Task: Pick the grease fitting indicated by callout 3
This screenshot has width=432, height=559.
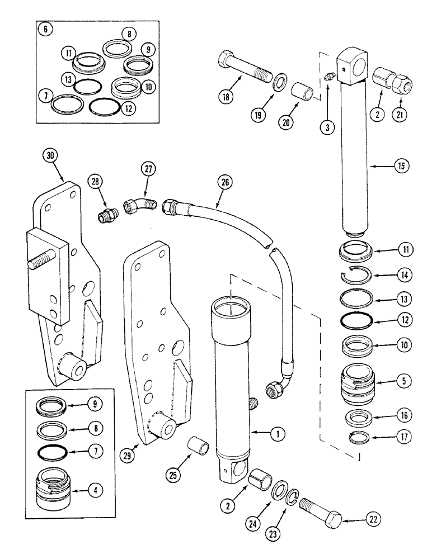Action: point(329,79)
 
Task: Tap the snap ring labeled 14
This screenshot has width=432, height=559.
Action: point(358,275)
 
